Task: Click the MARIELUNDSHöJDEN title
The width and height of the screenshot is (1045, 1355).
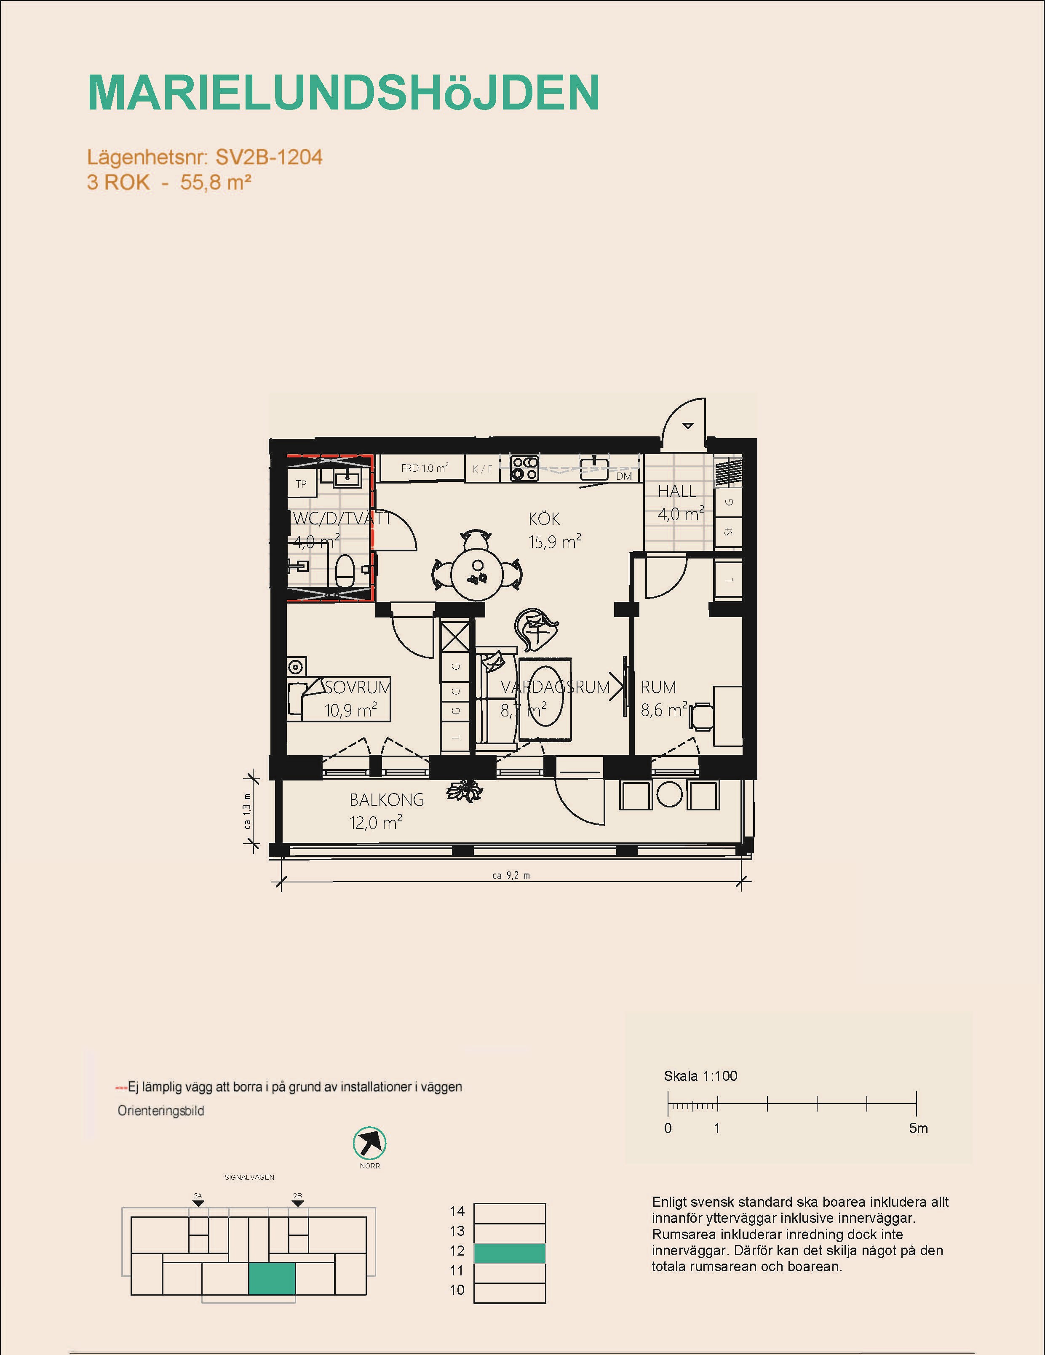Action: click(344, 93)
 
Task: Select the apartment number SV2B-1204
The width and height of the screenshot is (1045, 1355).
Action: click(269, 158)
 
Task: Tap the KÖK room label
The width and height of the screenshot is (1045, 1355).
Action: click(544, 518)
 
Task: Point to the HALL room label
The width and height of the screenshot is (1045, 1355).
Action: click(676, 492)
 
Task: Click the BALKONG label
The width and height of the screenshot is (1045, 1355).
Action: click(387, 800)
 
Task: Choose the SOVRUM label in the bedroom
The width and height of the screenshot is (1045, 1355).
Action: click(358, 687)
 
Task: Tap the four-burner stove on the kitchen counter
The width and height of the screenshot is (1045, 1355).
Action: click(524, 468)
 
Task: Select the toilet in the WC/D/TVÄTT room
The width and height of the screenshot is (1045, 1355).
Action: click(345, 571)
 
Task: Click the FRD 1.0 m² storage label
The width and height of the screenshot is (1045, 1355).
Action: click(425, 468)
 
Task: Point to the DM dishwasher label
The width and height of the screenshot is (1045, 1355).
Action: click(624, 476)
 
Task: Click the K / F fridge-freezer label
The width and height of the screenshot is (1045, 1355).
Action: click(482, 469)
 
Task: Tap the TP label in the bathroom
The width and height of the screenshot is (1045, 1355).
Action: click(301, 484)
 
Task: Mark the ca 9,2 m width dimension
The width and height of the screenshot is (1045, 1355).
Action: click(511, 875)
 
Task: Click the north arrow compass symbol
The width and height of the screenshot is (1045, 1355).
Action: click(370, 1143)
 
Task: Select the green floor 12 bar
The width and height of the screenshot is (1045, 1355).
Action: click(510, 1253)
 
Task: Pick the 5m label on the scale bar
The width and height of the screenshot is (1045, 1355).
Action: click(918, 1128)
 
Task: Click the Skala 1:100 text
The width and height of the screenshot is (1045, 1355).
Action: click(700, 1076)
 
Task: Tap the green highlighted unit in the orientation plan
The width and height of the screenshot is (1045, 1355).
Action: click(272, 1279)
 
